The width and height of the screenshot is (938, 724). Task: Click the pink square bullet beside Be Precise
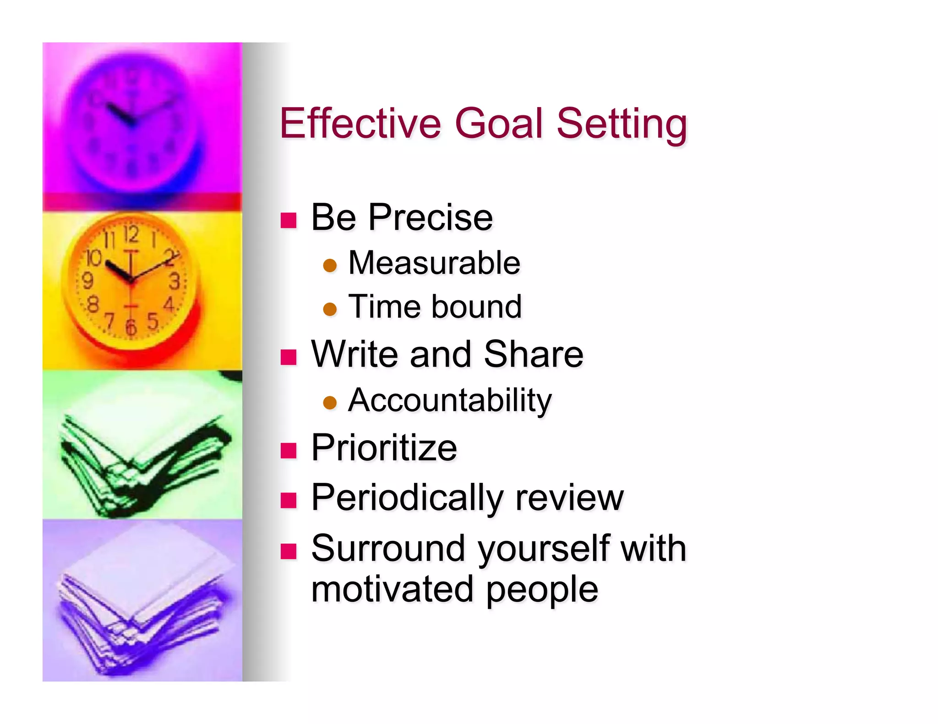tap(289, 220)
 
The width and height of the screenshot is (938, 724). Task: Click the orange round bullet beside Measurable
tap(330, 265)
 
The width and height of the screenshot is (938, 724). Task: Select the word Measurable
tap(434, 263)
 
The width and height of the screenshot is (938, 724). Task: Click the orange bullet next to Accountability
tap(330, 402)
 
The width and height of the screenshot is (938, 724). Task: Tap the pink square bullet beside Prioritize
tap(289, 450)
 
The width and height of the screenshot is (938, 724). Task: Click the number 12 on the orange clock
tap(131, 234)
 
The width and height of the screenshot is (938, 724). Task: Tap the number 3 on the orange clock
tap(175, 281)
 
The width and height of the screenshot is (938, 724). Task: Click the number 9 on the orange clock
tap(87, 280)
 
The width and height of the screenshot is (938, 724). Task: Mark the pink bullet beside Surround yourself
tap(289, 551)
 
